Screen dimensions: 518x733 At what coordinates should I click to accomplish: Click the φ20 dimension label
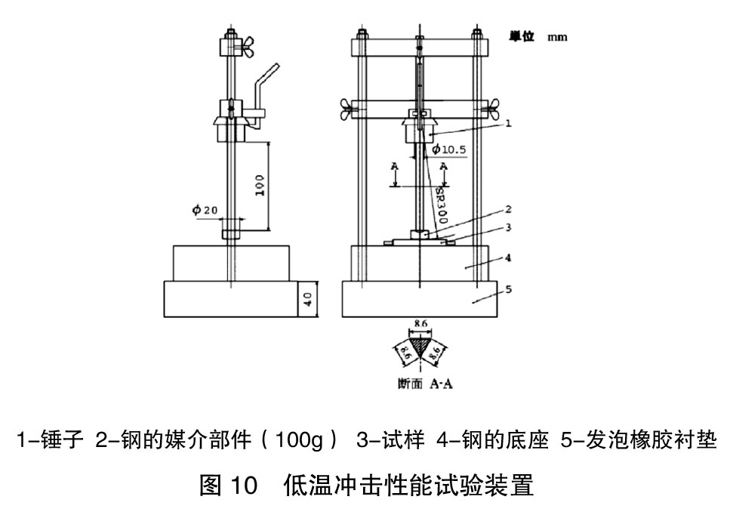click(x=204, y=210)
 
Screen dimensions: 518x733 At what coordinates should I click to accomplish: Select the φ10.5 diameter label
click(x=449, y=149)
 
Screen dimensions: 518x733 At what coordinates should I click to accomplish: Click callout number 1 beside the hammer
click(x=509, y=122)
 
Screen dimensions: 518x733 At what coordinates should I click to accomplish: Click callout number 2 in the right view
click(x=509, y=208)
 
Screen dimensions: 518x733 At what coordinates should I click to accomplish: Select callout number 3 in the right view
click(x=509, y=226)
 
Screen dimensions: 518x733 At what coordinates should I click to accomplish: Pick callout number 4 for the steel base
click(x=509, y=257)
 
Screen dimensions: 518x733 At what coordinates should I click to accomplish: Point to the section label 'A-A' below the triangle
click(x=442, y=384)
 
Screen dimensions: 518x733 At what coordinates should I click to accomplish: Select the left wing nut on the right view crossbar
click(x=350, y=109)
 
